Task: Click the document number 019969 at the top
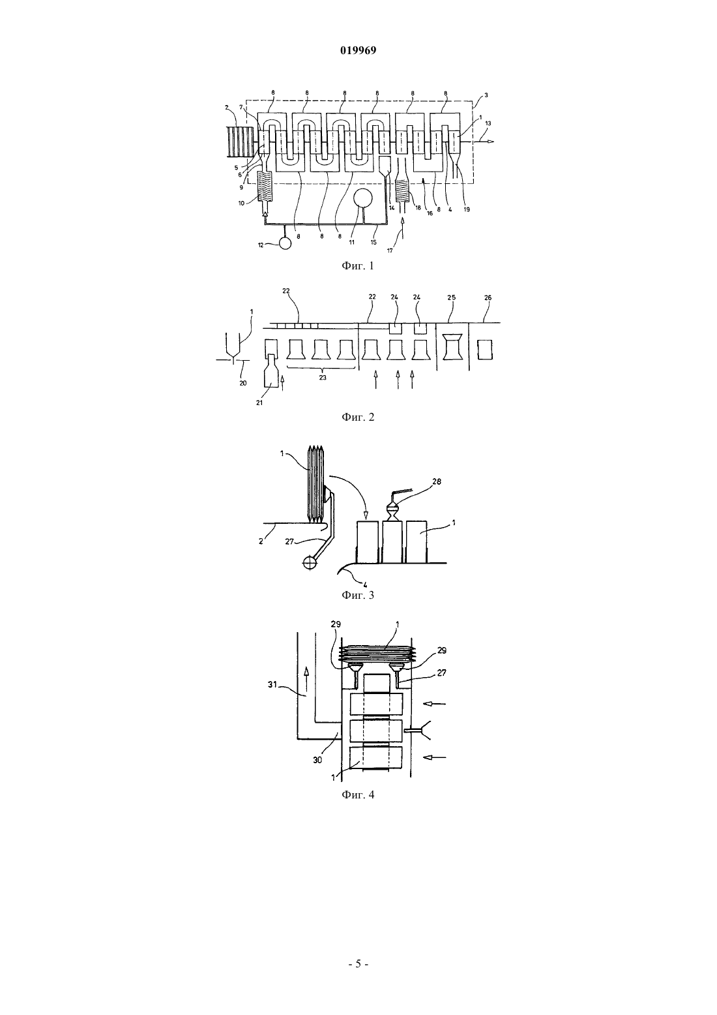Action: pyautogui.click(x=358, y=51)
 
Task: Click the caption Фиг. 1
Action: pyautogui.click(x=358, y=265)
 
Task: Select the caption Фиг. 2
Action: pyautogui.click(x=358, y=417)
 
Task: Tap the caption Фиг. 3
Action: pyautogui.click(x=358, y=595)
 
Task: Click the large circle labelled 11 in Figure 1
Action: pyautogui.click(x=365, y=199)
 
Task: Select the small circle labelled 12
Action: pyautogui.click(x=285, y=243)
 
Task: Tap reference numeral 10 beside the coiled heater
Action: pyautogui.click(x=242, y=204)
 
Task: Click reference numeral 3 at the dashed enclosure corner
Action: pyautogui.click(x=486, y=95)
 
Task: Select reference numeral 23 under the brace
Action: pyautogui.click(x=322, y=378)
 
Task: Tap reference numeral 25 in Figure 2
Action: pyautogui.click(x=451, y=297)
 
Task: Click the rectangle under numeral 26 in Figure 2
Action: pyautogui.click(x=485, y=350)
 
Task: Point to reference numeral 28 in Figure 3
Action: pyautogui.click(x=436, y=481)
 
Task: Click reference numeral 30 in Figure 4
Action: pyautogui.click(x=317, y=760)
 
